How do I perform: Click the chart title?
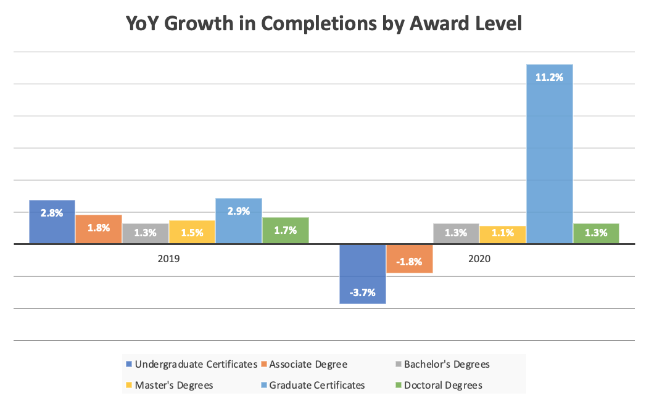pyautogui.click(x=324, y=24)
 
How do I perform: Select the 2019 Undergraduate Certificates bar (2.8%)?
pyautogui.click(x=52, y=221)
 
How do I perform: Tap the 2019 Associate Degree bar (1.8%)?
pyautogui.click(x=99, y=229)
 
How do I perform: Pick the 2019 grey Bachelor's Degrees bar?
pyautogui.click(x=145, y=233)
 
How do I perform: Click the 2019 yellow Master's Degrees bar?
pyautogui.click(x=192, y=232)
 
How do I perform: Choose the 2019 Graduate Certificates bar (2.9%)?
pyautogui.click(x=239, y=221)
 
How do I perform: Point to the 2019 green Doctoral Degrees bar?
pyautogui.click(x=286, y=230)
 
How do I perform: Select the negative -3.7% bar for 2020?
pyautogui.click(x=363, y=275)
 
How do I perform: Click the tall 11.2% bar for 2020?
pyautogui.click(x=549, y=154)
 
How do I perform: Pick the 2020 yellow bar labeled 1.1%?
pyautogui.click(x=503, y=234)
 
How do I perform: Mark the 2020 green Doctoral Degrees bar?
pyautogui.click(x=596, y=233)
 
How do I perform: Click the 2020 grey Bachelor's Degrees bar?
pyautogui.click(x=456, y=233)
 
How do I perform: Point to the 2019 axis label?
pyautogui.click(x=168, y=259)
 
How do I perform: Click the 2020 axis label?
pyautogui.click(x=479, y=259)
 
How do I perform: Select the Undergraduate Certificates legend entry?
pyautogui.click(x=191, y=364)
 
